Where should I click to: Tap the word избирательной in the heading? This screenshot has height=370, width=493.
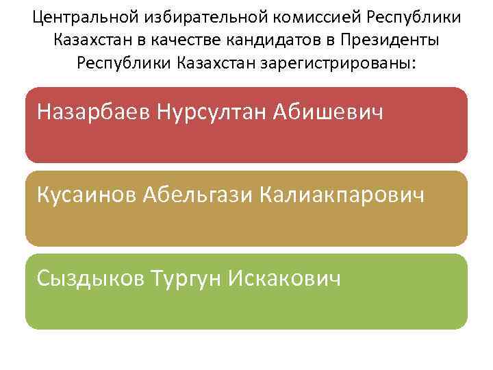click(180, 16)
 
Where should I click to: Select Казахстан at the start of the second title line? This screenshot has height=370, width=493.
click(88, 39)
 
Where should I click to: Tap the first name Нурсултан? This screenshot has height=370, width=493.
click(210, 112)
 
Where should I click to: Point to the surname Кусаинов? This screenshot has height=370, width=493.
click(87, 195)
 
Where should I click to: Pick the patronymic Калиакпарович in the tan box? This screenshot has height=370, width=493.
click(343, 195)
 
